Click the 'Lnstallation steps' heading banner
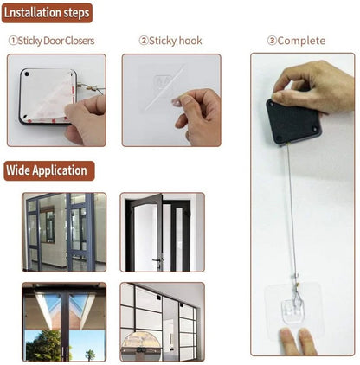tap(47, 14)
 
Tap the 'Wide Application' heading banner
tap(48, 170)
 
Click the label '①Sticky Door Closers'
tap(51, 41)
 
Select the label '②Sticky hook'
tap(170, 41)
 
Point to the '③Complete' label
tap(296, 41)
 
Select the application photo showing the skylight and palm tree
tap(64, 322)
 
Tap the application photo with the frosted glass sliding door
tap(162, 322)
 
